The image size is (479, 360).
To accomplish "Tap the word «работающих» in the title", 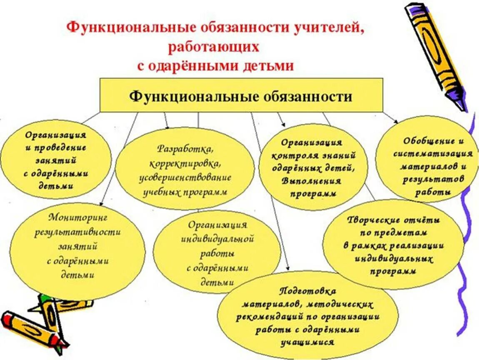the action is coord(214,47).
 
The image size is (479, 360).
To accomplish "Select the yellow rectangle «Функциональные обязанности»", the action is coord(241,96).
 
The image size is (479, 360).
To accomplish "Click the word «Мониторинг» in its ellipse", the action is coord(78,217).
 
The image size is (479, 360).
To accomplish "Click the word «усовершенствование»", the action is coord(186,177).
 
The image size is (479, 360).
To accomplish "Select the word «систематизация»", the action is coord(433,153).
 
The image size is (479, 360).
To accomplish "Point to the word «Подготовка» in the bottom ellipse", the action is coord(308,290).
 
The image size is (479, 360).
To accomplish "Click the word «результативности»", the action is coord(78,232).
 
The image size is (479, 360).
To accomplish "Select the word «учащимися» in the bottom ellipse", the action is coord(307,342).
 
